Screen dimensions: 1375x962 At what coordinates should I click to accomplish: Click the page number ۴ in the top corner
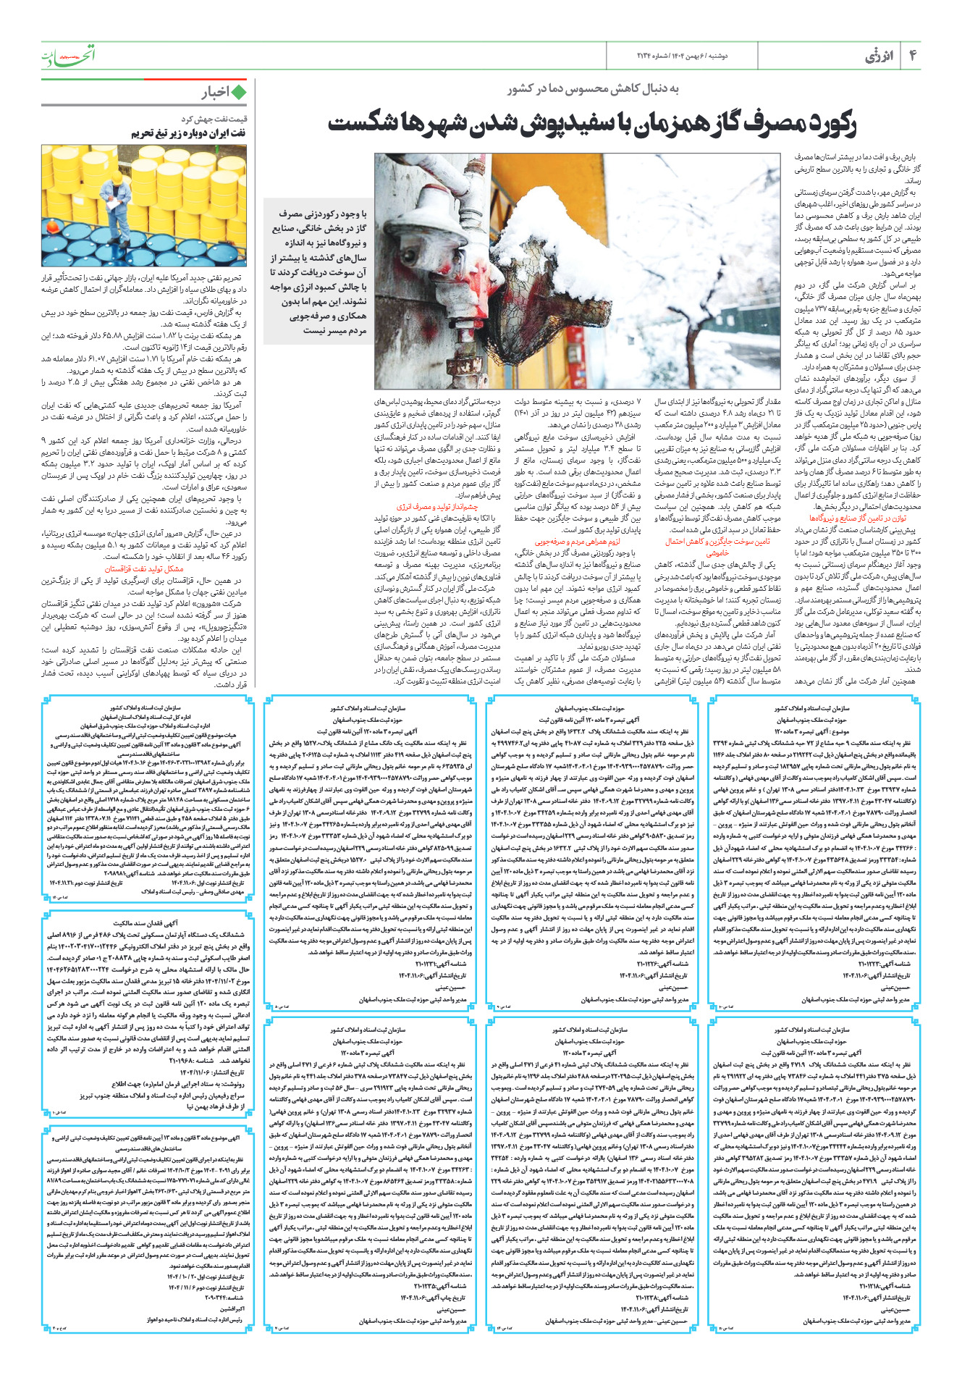pyautogui.click(x=913, y=56)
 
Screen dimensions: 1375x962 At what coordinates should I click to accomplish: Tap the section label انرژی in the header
pyautogui.click(x=879, y=56)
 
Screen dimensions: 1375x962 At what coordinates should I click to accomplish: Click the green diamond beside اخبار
pyautogui.click(x=240, y=92)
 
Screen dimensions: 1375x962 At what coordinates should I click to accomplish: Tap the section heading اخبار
pyautogui.click(x=216, y=92)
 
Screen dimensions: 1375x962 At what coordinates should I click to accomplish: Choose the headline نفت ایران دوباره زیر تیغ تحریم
pyautogui.click(x=188, y=133)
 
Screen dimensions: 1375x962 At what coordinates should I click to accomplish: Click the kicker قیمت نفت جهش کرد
pyautogui.click(x=214, y=119)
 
